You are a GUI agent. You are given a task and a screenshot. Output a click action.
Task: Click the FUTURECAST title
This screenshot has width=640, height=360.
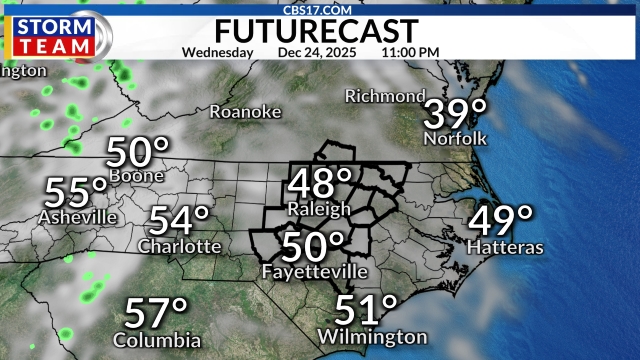[319, 28]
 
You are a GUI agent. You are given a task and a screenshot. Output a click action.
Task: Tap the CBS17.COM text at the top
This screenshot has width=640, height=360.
[319, 8]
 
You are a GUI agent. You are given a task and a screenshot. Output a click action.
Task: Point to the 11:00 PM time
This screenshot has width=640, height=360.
[410, 51]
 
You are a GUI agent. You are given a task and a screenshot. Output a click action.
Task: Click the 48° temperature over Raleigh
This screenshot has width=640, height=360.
[320, 183]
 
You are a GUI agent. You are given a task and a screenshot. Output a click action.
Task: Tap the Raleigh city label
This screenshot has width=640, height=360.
[319, 209]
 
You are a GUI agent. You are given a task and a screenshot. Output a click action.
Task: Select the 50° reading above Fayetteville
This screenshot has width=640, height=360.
[313, 245]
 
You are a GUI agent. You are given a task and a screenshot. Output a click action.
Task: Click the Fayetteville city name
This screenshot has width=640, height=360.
[314, 272]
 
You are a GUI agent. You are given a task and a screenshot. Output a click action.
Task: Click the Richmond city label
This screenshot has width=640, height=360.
[385, 96]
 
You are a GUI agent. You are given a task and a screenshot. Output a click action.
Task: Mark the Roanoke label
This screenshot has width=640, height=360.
[245, 112]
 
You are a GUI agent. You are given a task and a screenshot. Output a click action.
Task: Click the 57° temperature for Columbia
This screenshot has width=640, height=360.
[157, 313]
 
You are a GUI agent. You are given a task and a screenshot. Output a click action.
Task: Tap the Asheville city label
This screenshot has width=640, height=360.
[77, 217]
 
